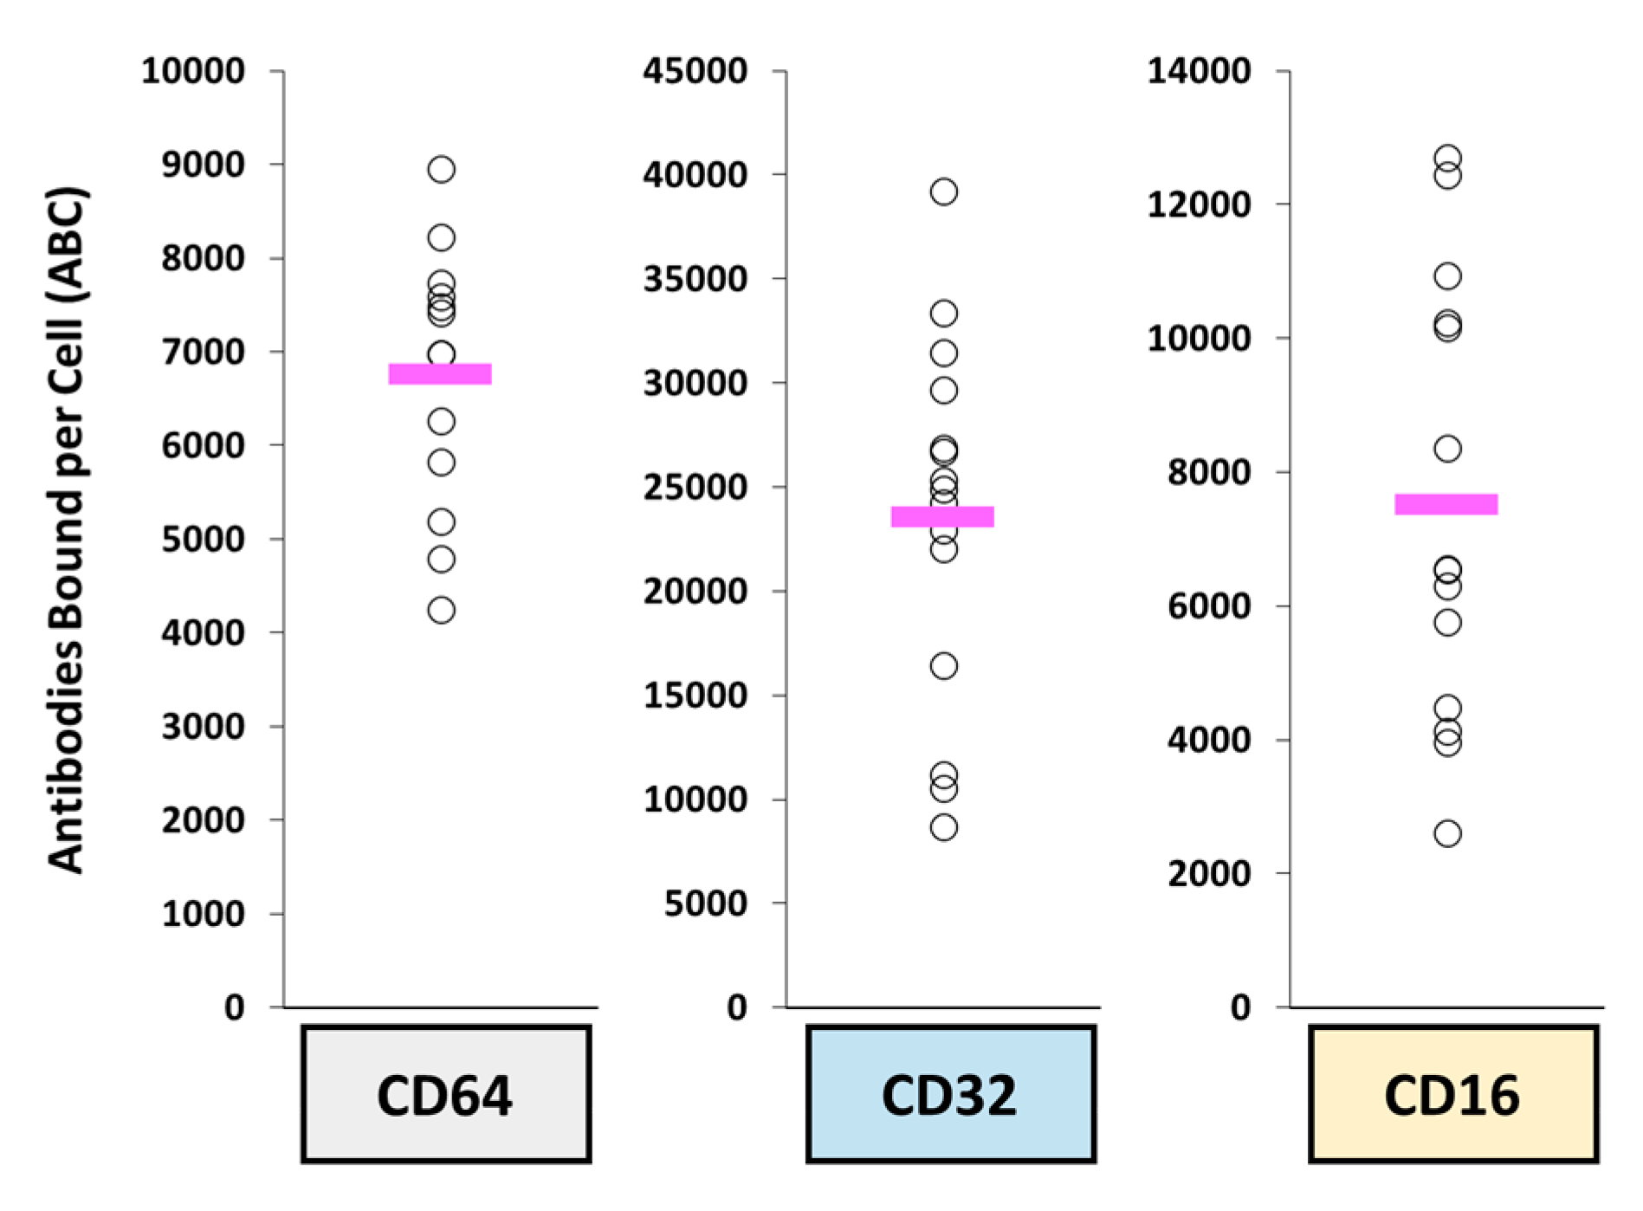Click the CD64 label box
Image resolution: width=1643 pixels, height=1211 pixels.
(446, 1094)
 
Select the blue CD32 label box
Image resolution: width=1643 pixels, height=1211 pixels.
(950, 1094)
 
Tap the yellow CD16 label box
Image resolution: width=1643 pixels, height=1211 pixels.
(1452, 1094)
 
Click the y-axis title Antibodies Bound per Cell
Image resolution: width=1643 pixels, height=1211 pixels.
(68, 530)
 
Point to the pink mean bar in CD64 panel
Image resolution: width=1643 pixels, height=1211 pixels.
(440, 373)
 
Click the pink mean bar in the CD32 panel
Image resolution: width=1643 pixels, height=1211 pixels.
(942, 516)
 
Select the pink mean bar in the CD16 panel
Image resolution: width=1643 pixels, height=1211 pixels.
(1446, 504)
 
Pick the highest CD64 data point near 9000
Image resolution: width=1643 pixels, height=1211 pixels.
(441, 169)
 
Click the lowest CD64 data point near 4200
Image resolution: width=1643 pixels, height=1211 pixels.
(441, 610)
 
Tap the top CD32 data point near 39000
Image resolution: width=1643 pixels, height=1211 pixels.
(943, 191)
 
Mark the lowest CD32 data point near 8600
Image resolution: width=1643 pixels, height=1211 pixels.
(943, 827)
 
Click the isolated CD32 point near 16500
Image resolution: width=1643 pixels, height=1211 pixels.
(943, 665)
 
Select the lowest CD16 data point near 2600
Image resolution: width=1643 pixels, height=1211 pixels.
(1447, 833)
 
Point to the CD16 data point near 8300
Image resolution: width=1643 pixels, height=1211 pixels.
(1447, 449)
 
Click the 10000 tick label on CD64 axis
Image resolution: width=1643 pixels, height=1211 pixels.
(193, 71)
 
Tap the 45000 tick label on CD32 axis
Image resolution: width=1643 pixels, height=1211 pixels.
(695, 71)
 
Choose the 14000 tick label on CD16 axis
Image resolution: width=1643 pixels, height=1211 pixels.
(1199, 71)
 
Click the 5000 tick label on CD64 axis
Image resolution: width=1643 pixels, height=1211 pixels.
(203, 539)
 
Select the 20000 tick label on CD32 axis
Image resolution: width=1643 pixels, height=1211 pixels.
(695, 591)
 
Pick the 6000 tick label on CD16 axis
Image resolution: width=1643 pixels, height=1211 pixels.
(1209, 605)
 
